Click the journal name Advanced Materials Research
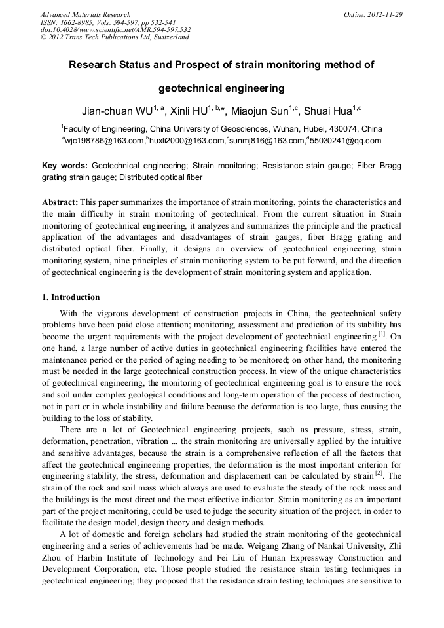point(85,14)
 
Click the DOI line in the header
point(115,29)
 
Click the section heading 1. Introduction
point(71,297)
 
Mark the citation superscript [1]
point(383,334)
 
